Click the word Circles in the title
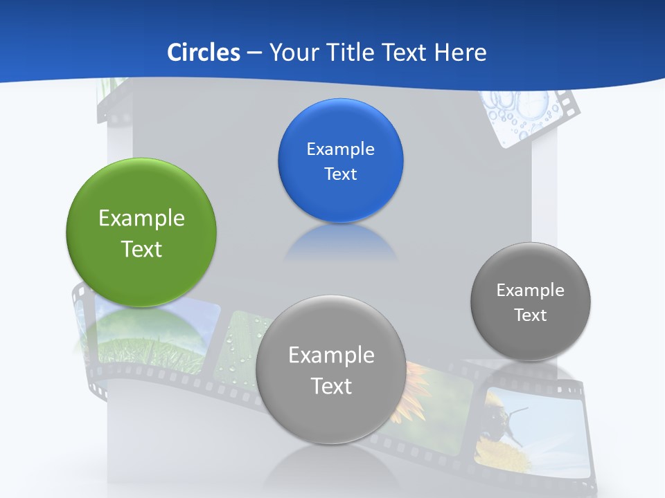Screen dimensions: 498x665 coord(203,53)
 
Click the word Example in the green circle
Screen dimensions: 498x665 coord(141,219)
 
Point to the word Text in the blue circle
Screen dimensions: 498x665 coord(340,174)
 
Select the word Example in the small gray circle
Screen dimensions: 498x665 coord(531,290)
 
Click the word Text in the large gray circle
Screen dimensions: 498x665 coord(331,386)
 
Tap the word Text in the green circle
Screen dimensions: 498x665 coord(141,249)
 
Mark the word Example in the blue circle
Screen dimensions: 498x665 coord(340,149)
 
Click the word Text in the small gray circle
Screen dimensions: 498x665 coord(531,315)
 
